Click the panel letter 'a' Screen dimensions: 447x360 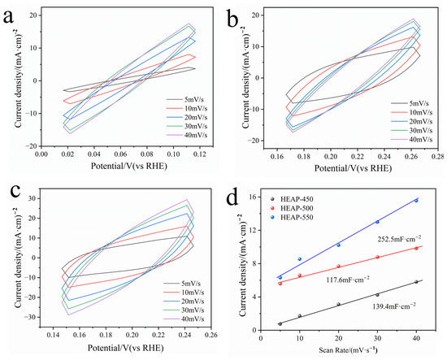[8, 17]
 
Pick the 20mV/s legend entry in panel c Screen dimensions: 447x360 [184, 301]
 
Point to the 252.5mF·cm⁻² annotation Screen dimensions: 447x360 [397, 239]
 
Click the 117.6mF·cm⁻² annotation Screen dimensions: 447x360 [348, 280]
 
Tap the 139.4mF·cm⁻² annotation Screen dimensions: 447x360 [393, 306]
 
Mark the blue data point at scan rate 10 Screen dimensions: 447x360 [300, 258]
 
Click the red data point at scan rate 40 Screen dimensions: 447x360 [416, 249]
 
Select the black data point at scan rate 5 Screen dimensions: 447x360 [280, 323]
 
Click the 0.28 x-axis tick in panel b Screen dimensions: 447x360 [437, 156]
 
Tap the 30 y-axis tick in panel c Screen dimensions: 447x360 [36, 198]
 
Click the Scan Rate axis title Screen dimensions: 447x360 [348, 349]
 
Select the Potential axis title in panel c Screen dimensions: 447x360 [125, 348]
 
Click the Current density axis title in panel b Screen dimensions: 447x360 [246, 77]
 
